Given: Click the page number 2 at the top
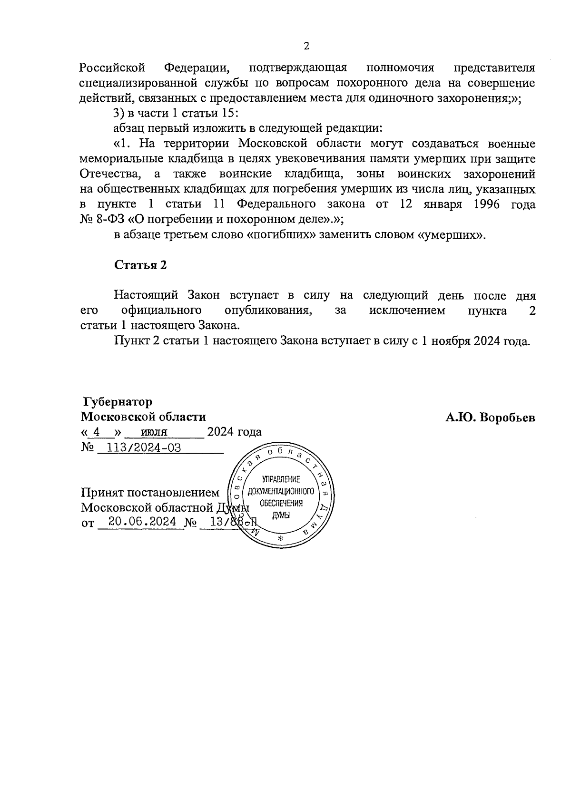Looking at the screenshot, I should pos(306,46).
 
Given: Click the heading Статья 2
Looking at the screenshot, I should pos(140,265).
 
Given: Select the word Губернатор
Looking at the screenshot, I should pos(117,402).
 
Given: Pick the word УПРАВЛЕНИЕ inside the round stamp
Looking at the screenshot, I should pos(281,479).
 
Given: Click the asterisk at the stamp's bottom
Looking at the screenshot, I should pos(280,538).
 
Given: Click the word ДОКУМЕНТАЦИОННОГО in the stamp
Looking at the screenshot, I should pos(281,491).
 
